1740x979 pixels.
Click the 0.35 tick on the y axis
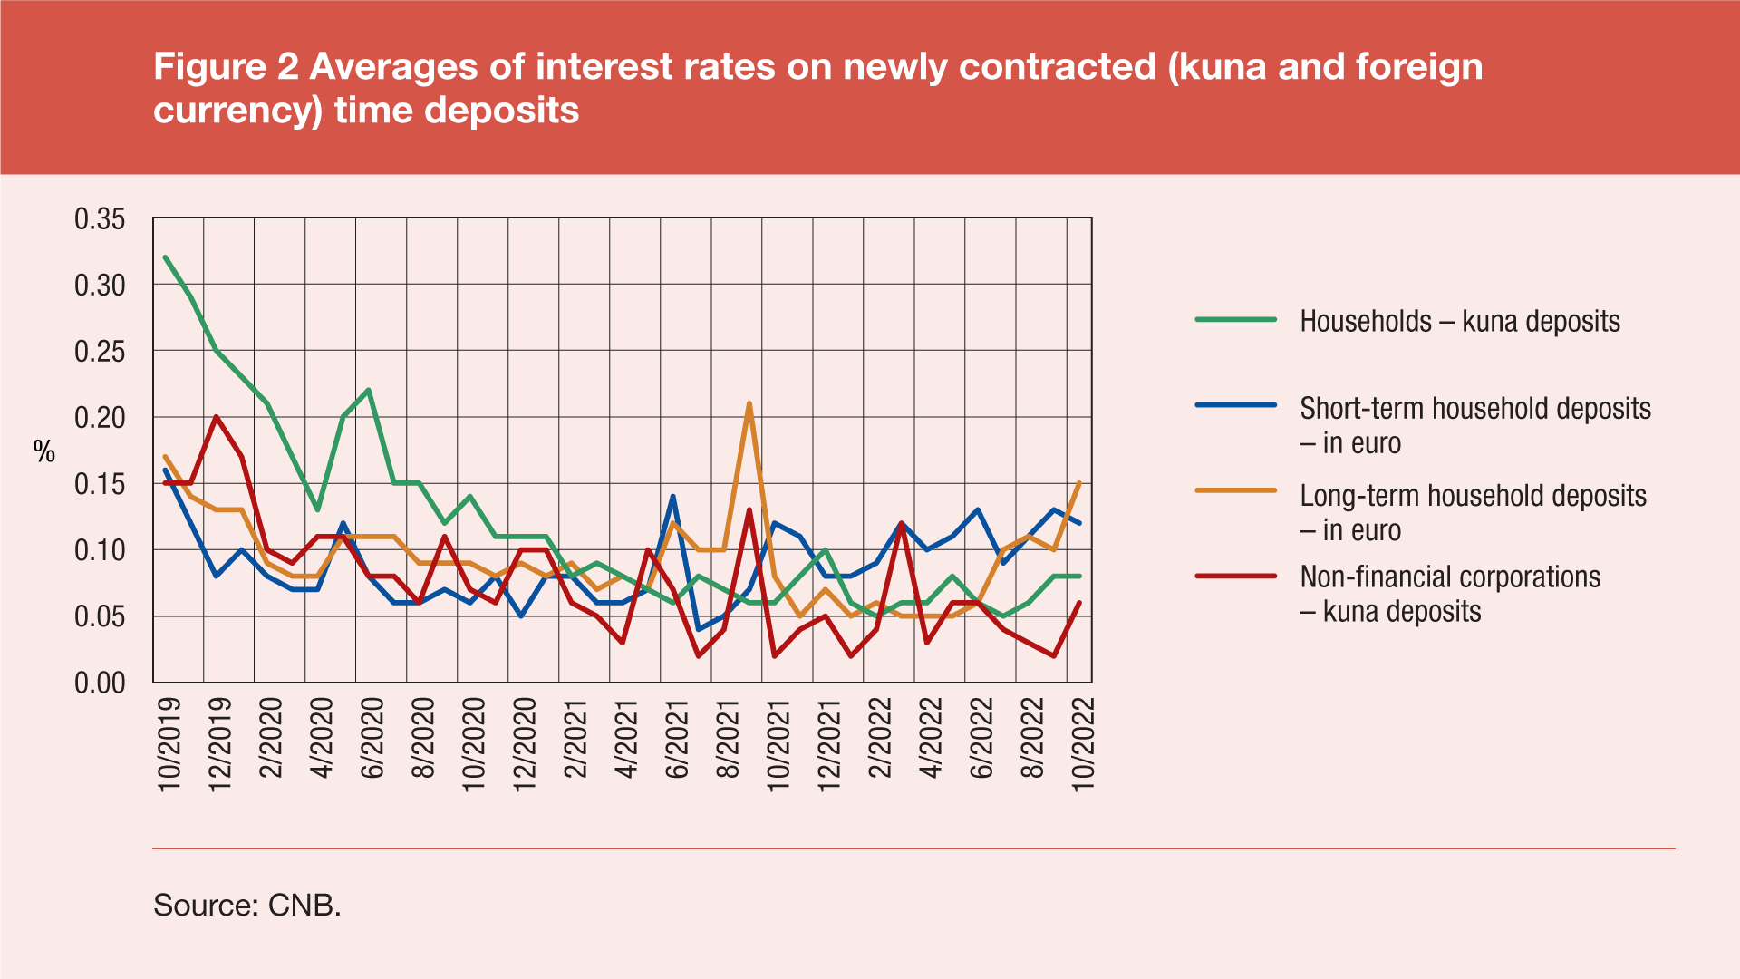100,219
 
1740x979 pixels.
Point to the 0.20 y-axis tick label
100,418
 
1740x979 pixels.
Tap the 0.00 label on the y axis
100,683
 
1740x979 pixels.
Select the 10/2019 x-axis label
169,744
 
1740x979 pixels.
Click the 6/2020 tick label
372,738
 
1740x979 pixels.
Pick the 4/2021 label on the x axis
626,738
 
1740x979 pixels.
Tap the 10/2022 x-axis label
1084,744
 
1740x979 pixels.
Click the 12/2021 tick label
829,744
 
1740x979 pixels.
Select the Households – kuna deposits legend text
1459,321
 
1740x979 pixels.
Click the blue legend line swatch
1235,405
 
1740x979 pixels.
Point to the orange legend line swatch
1235,491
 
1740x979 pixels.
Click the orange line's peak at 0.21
749,404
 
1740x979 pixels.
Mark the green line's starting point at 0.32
165,257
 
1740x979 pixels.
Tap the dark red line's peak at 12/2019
216,417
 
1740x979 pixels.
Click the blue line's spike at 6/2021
672,497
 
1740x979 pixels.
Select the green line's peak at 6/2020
368,391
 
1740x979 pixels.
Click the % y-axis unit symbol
44,451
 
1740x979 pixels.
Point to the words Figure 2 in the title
227,67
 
